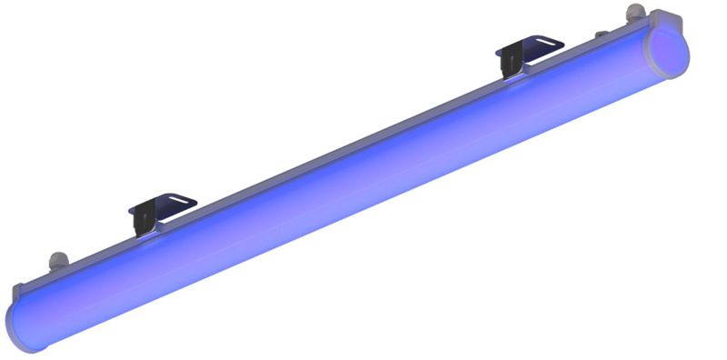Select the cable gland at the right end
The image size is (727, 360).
click(631, 15)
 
